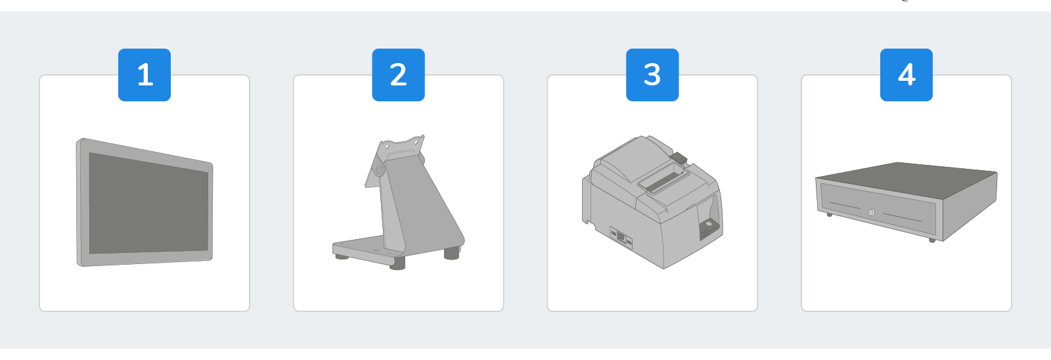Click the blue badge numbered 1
click(x=145, y=75)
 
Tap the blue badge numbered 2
click(x=398, y=75)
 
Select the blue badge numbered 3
click(x=652, y=75)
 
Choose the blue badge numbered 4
click(x=906, y=75)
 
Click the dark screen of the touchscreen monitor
click(x=148, y=204)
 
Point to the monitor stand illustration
click(x=398, y=202)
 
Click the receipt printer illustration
click(x=652, y=202)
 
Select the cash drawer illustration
click(x=906, y=202)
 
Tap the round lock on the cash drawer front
click(x=871, y=212)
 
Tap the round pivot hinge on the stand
click(x=378, y=169)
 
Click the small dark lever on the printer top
click(x=679, y=158)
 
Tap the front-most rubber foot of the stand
click(x=397, y=263)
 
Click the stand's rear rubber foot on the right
click(x=452, y=254)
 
